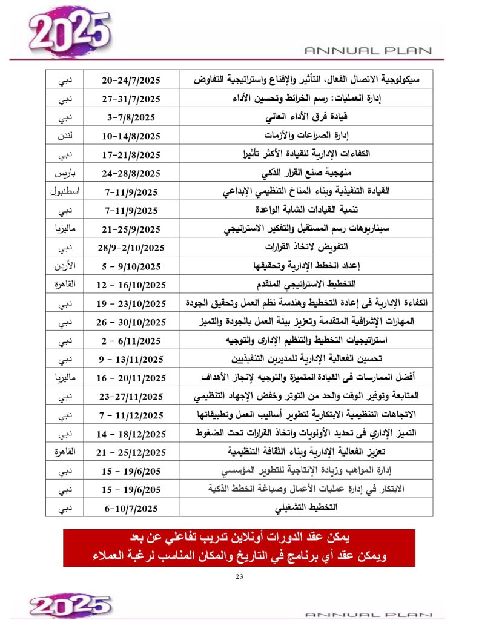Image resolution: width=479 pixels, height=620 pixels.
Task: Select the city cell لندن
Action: [65, 136]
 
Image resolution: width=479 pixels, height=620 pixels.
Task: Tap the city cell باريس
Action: [65, 173]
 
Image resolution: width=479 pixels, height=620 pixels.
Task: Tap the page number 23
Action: [239, 576]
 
